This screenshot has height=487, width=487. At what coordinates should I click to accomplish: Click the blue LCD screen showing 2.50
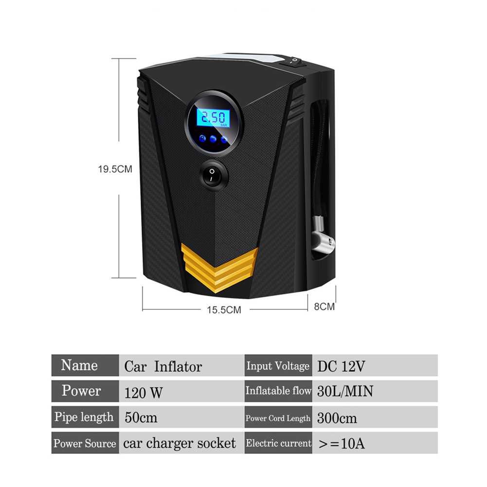(214, 117)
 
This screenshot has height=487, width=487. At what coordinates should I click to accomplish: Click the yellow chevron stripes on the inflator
(219, 266)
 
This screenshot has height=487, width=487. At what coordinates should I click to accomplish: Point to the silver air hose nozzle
(322, 237)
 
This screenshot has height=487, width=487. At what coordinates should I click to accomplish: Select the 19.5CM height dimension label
(115, 169)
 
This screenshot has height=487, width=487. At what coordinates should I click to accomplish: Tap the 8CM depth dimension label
(324, 307)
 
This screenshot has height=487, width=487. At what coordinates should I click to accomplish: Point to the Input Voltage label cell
(278, 366)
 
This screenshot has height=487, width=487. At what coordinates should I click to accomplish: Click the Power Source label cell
(85, 443)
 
